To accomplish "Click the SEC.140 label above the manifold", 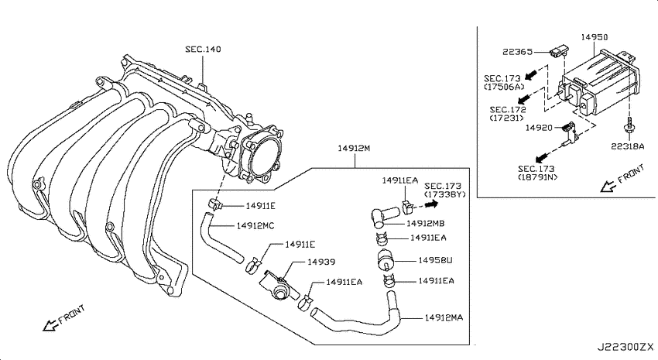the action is click(x=203, y=49).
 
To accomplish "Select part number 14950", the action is click(x=595, y=37).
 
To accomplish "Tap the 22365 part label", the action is click(x=517, y=52).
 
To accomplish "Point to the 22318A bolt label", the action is click(x=627, y=146).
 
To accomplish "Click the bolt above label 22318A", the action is click(x=629, y=126).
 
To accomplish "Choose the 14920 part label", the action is click(x=539, y=128).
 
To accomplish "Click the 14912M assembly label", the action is click(x=355, y=148).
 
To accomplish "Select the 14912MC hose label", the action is click(x=255, y=226).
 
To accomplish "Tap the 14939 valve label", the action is click(x=321, y=262).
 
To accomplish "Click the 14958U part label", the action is click(x=435, y=261).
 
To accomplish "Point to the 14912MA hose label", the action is click(x=444, y=317).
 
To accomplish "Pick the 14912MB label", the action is click(x=425, y=224).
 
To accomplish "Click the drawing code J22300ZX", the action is click(x=625, y=347).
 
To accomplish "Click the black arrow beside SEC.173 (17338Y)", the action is click(x=431, y=204).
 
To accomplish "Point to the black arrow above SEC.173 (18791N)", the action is click(x=542, y=157).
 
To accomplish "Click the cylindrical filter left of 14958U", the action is click(x=386, y=258).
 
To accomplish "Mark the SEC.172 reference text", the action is click(x=508, y=110).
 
